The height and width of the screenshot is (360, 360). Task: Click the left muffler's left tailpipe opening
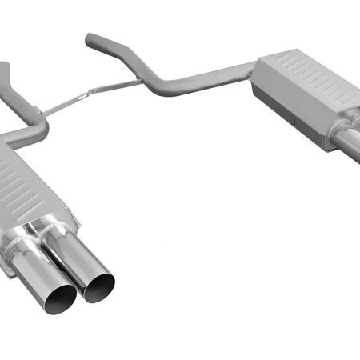[60, 297]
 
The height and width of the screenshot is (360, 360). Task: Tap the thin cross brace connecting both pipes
[88, 99]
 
